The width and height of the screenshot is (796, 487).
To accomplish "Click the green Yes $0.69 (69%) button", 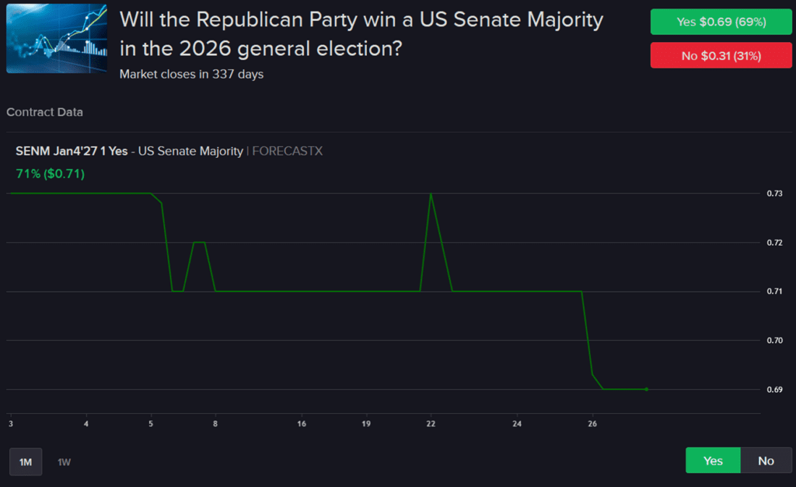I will pyautogui.click(x=721, y=22).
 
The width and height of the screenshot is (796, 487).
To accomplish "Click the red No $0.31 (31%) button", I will pyautogui.click(x=721, y=55).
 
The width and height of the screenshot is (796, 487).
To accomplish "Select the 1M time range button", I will pyautogui.click(x=25, y=462).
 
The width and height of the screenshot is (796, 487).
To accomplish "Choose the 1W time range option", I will pyautogui.click(x=64, y=462).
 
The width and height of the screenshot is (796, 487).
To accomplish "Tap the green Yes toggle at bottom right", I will pyautogui.click(x=713, y=460).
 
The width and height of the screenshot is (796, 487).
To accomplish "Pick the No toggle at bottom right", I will pyautogui.click(x=766, y=460).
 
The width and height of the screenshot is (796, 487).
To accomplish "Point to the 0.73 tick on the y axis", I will pyautogui.click(x=774, y=193).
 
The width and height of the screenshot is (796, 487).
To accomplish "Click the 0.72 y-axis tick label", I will pyautogui.click(x=774, y=243).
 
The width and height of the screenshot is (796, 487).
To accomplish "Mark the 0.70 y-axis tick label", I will pyautogui.click(x=774, y=341).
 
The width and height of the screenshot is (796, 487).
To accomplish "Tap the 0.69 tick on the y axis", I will pyautogui.click(x=774, y=390).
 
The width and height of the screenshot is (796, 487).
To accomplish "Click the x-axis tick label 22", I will pyautogui.click(x=431, y=423).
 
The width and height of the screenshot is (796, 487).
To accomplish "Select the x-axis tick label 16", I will pyautogui.click(x=301, y=423).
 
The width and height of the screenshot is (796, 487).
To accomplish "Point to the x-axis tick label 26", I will pyautogui.click(x=592, y=423).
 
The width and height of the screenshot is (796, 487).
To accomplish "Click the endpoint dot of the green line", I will pyautogui.click(x=646, y=389).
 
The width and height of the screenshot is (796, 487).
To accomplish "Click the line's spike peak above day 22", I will pyautogui.click(x=431, y=194).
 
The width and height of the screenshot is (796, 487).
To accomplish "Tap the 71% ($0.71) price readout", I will pyautogui.click(x=50, y=174).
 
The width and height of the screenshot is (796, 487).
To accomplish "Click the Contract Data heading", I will pyautogui.click(x=45, y=112).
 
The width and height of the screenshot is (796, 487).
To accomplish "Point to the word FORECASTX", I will pyautogui.click(x=287, y=151).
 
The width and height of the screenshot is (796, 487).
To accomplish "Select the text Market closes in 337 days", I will pyautogui.click(x=191, y=74).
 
